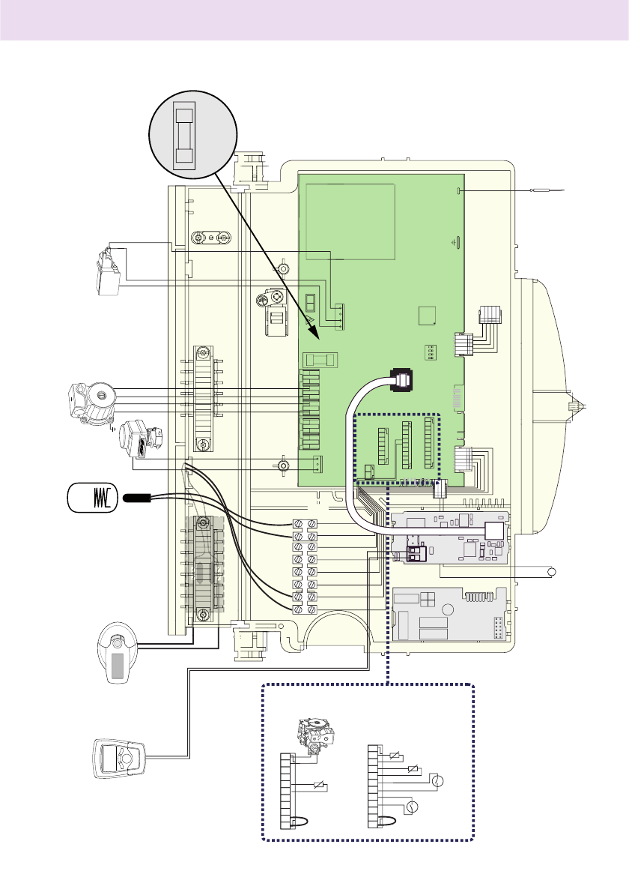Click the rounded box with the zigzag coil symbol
pos(92,498)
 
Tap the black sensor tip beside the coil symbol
pos(139,497)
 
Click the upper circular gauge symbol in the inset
pos(439,782)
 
